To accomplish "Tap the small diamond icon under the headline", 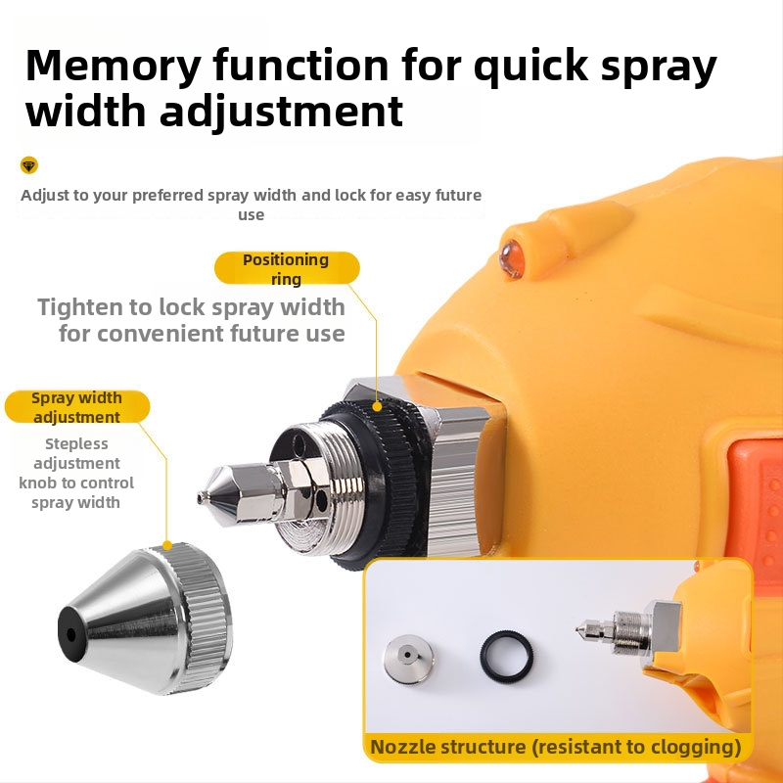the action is coord(29,165).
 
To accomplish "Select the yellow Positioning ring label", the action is coord(287,268).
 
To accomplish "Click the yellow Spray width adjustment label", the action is coord(77,407).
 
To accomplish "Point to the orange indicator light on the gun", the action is coord(512,258).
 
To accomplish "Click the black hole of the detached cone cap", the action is coord(70,634).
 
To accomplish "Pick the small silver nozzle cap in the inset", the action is coord(408,659).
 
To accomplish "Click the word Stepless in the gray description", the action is coord(76,444).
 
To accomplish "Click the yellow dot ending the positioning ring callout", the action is coord(377,407).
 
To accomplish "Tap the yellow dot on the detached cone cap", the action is coord(167,545).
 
